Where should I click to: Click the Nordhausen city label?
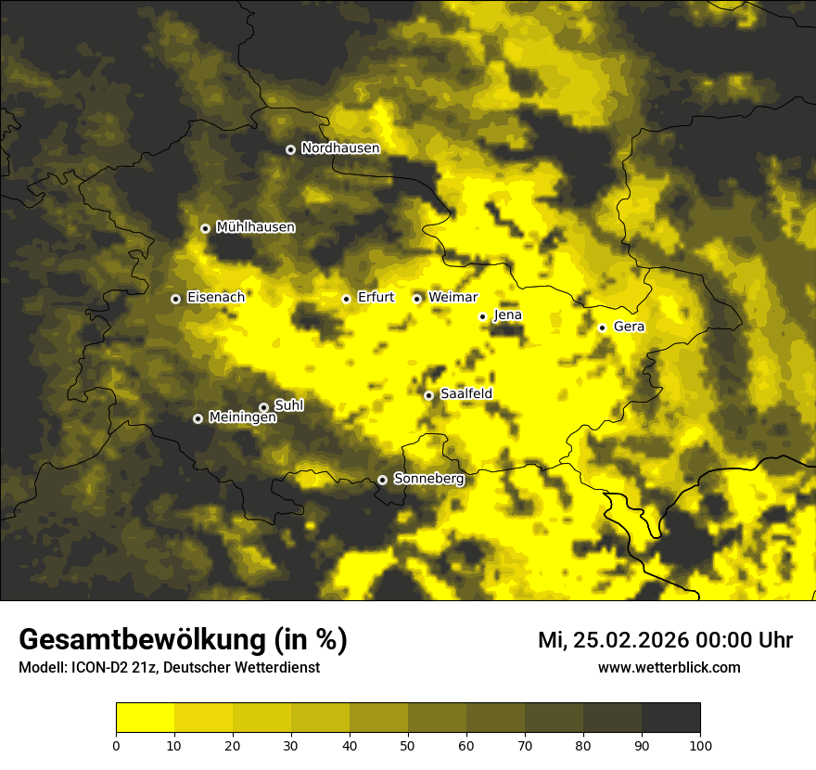coord(340,148)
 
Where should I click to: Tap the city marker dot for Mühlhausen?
coord(205,228)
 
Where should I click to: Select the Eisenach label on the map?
coord(215,298)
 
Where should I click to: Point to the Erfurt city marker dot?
coord(346,299)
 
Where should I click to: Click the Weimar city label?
coord(453,298)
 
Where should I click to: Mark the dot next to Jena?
coord(482,316)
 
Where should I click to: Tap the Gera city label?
coord(629,327)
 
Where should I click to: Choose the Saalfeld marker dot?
coord(428,395)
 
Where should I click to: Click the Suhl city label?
coord(288,405)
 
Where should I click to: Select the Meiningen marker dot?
coord(198,418)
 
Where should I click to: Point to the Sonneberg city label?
coord(428,479)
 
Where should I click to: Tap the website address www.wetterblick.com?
coord(669,668)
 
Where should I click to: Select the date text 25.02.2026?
coord(634,640)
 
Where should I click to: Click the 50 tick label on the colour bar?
coord(408,745)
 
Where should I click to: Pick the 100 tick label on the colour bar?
coord(700,745)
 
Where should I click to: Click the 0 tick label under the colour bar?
coord(116,745)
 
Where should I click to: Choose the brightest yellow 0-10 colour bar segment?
coord(145,718)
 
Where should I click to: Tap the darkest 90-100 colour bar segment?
coord(670,718)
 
